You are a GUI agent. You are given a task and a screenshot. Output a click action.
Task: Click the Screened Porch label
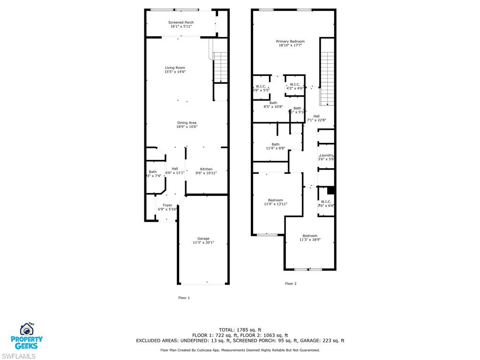pos(181,22)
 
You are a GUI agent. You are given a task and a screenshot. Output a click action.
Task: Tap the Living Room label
pos(175,67)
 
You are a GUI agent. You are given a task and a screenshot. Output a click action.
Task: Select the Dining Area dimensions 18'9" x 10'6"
pos(187,127)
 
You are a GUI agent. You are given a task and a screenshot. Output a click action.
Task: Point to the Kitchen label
pos(206,169)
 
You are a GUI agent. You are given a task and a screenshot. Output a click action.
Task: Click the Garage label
pos(203,239)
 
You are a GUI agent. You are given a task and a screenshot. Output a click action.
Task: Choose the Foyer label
pos(167,205)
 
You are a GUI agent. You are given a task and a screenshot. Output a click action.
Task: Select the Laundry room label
pos(326,156)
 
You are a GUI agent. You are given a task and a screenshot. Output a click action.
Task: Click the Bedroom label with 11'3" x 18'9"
pos(310,236)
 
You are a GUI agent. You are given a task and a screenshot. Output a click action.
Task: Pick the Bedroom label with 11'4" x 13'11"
pos(276,200)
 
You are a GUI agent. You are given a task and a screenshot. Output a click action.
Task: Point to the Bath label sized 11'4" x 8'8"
pos(276,144)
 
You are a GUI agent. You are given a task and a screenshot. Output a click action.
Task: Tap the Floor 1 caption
pos(184,298)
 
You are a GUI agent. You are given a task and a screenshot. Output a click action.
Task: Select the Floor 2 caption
pos(291,284)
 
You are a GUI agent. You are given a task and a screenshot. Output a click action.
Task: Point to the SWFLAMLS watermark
pos(18,356)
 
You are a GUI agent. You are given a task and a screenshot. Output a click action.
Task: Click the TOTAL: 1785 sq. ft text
pos(240,330)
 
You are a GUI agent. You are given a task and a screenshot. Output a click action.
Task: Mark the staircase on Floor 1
pos(220,68)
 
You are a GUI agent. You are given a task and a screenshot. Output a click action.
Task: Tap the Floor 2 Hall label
pos(316,116)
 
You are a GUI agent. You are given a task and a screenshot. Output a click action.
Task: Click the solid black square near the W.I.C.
pos(330,190)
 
